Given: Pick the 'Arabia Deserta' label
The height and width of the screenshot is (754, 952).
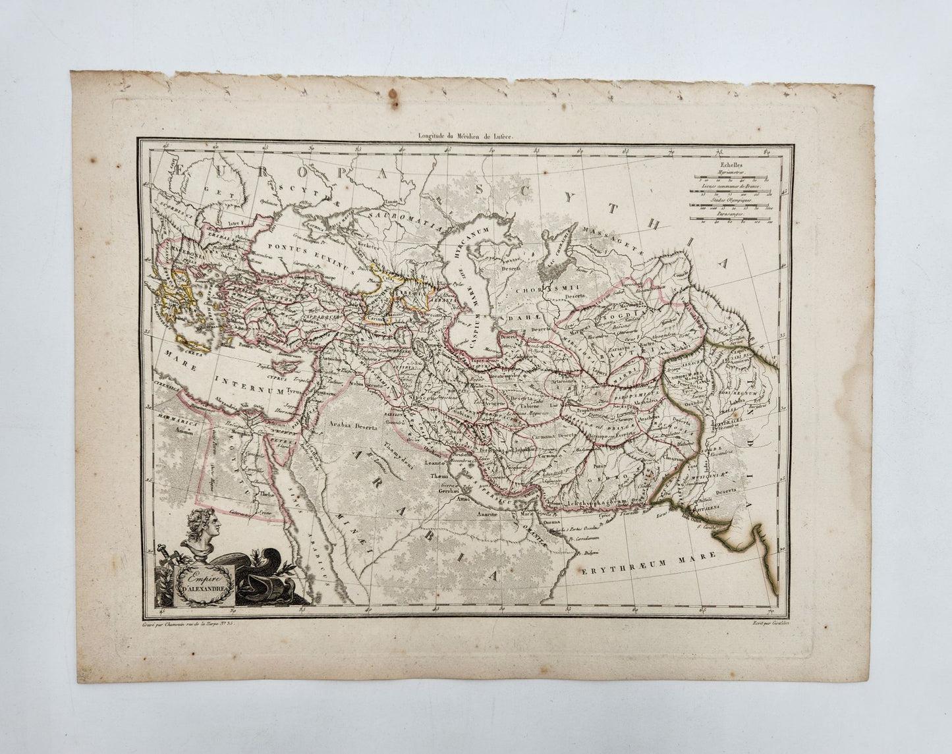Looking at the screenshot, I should tap(350, 426).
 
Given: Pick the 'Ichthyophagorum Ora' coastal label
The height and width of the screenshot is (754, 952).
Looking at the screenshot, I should tap(603, 505).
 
